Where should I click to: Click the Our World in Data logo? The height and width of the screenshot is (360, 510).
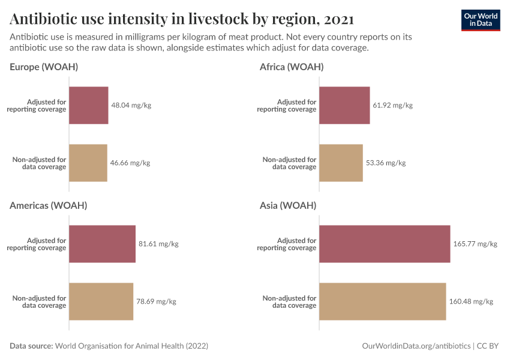pos(480,20)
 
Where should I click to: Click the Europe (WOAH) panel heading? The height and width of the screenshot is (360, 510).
pos(44,67)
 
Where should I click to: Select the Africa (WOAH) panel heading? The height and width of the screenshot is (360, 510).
pos(292,67)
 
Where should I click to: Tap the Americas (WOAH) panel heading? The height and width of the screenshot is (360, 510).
pos(49,205)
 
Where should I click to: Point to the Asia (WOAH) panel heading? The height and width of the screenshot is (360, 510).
pos(288,205)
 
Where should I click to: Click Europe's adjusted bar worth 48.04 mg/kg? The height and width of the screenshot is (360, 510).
pos(89,106)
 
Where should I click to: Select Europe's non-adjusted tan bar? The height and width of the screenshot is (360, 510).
pos(88,163)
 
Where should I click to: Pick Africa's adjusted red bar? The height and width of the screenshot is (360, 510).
pos(344,106)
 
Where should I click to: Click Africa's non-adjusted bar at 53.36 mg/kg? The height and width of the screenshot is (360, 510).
pos(341,163)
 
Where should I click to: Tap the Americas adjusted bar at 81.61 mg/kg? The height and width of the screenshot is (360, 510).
pos(103,244)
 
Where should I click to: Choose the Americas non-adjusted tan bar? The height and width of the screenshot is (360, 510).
pos(101,301)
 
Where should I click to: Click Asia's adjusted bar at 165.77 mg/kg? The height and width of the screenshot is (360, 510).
pos(385,244)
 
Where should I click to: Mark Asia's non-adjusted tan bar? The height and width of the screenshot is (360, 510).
pos(382,301)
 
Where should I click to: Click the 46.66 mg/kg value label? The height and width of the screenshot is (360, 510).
pos(130,163)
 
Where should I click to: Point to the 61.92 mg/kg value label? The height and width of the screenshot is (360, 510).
pos(393,106)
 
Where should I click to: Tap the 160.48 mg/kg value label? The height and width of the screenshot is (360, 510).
pos(471,301)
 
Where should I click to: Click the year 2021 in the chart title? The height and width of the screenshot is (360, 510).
pos(338,19)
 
